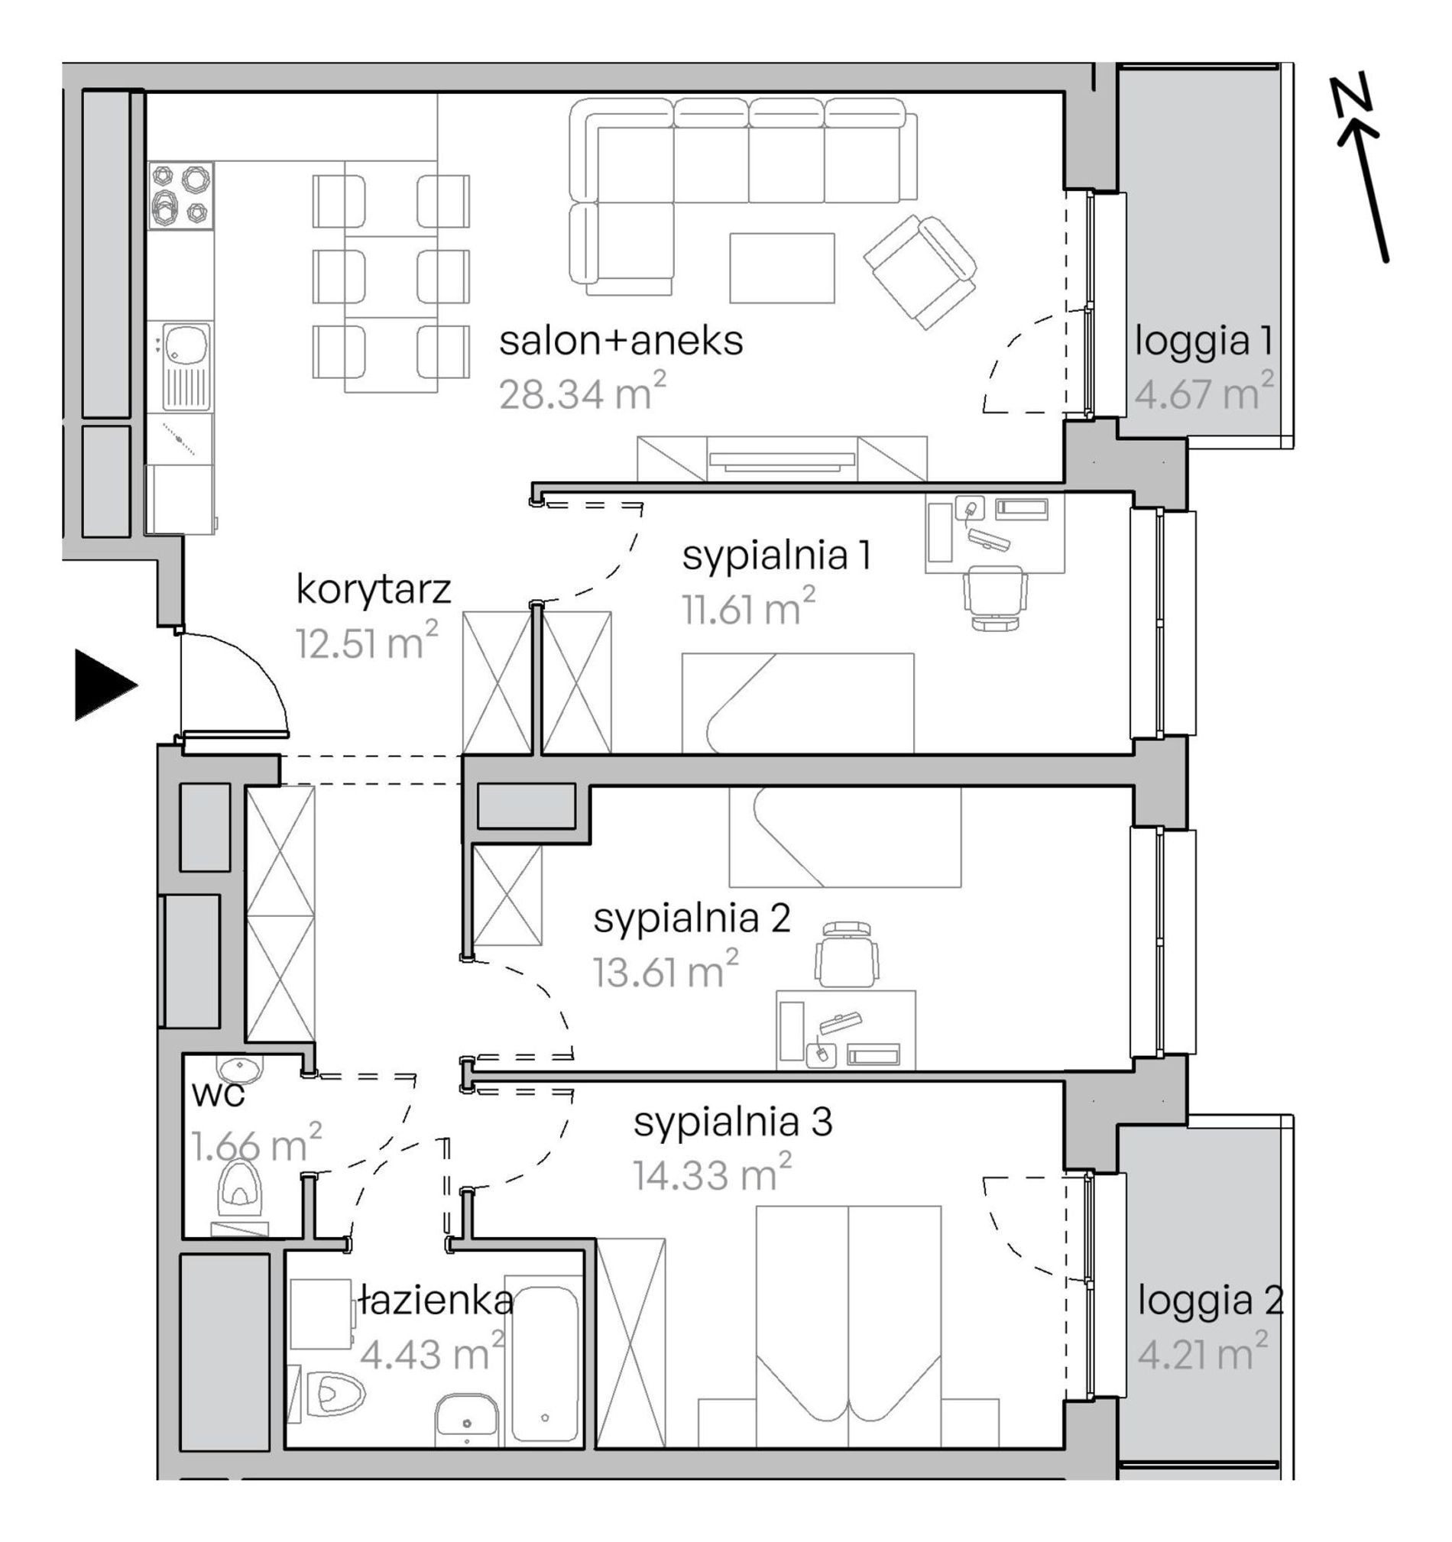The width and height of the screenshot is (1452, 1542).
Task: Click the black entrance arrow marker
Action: click(x=104, y=685)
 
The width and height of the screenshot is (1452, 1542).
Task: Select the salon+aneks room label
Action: click(x=621, y=342)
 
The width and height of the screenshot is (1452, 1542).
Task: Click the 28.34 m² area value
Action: click(x=582, y=392)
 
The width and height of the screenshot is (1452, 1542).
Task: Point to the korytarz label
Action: click(x=373, y=591)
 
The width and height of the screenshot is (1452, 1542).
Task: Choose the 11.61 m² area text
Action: click(x=748, y=607)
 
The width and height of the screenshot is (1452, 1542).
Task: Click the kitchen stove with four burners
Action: click(x=180, y=196)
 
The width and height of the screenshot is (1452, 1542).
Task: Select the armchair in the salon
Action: click(x=920, y=271)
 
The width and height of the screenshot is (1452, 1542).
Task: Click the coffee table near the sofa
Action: click(x=782, y=267)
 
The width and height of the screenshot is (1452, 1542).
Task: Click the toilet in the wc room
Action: click(x=241, y=1194)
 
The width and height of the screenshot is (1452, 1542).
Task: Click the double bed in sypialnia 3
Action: click(x=848, y=1326)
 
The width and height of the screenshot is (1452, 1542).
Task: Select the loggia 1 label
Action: click(x=1204, y=342)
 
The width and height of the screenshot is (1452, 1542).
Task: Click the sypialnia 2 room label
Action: click(x=692, y=918)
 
